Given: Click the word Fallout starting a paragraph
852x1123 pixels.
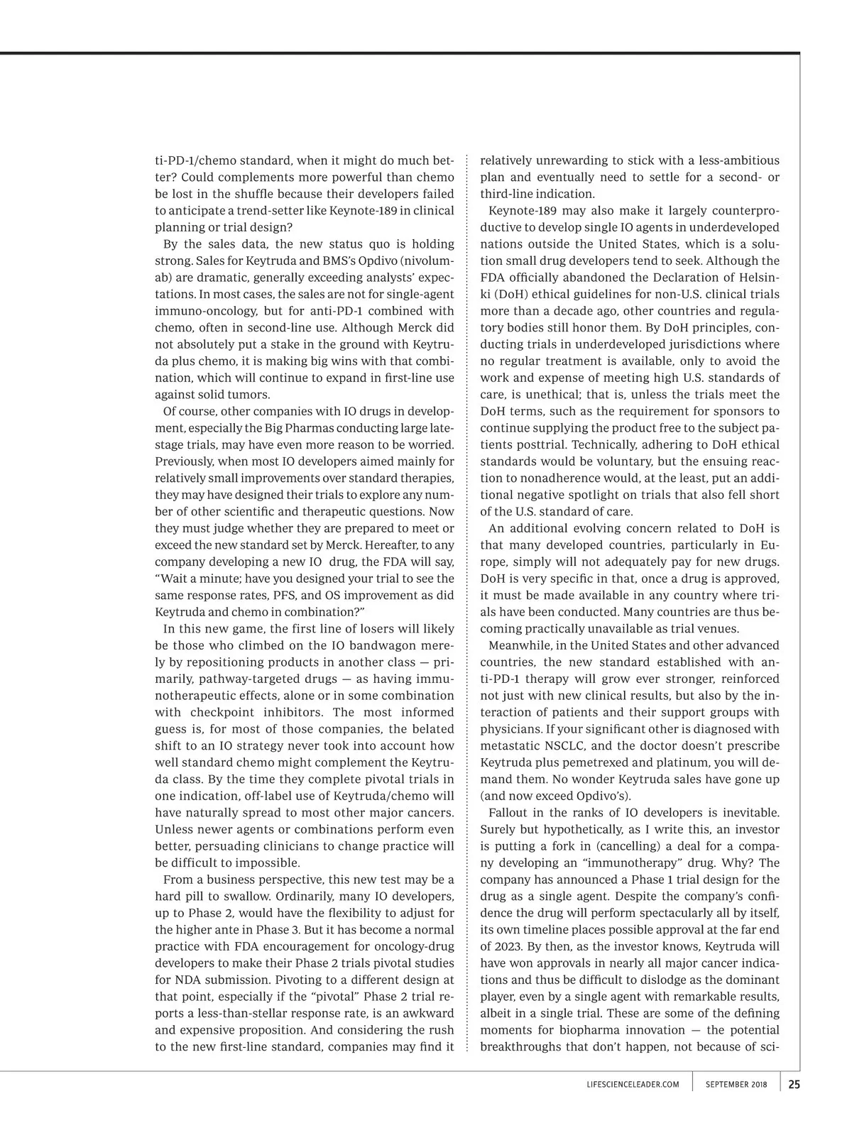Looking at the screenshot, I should tap(508, 812).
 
